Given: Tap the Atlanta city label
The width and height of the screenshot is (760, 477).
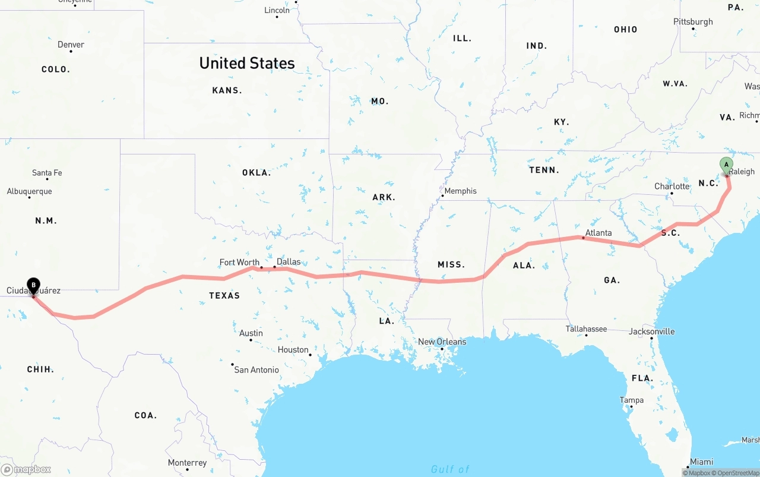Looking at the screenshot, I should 598,233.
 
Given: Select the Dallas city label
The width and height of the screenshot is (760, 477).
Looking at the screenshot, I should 289,262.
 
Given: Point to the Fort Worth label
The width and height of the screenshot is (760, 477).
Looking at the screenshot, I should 239,263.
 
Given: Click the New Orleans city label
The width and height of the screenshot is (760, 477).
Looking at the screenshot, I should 442,342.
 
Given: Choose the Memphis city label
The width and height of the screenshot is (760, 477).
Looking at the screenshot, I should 460,191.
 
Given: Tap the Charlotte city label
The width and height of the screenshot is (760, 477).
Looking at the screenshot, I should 672,187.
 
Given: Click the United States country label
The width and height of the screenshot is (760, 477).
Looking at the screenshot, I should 247,63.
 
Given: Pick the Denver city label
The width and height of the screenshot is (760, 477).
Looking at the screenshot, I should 71,45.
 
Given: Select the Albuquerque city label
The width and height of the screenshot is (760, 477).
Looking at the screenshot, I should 29,191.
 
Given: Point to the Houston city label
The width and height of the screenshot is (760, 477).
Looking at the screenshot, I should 293,350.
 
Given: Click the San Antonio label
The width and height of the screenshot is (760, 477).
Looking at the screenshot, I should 256,369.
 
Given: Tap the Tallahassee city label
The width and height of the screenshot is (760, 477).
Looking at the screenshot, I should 586,328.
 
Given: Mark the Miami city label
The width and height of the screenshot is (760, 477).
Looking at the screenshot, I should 701,462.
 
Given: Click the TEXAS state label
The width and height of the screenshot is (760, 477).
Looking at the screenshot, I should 224,295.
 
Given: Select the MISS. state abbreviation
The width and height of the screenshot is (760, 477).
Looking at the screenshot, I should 451,264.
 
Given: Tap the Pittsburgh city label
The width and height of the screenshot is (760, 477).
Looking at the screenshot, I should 693,22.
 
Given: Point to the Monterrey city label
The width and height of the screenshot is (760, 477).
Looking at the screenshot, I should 187,463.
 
